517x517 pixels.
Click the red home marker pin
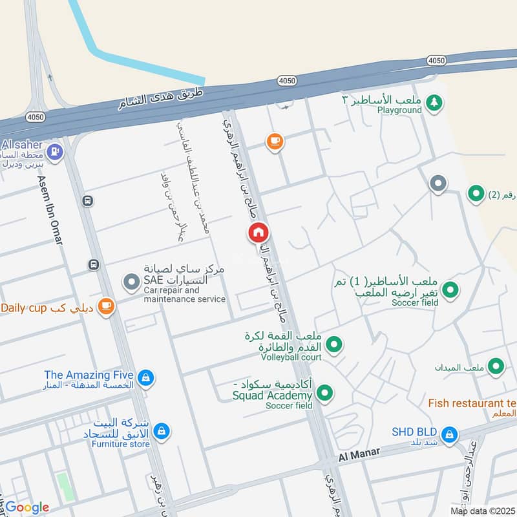[x=258, y=233]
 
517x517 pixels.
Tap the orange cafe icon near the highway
[x=275, y=141]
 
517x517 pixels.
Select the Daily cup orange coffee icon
[x=106, y=306]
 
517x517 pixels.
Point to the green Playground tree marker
[x=436, y=101]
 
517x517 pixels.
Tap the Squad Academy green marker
[x=325, y=392]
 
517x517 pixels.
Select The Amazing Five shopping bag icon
[x=146, y=377]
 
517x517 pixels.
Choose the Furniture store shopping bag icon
[x=161, y=430]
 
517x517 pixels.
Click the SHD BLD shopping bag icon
[x=450, y=434]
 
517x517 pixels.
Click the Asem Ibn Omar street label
[x=50, y=210]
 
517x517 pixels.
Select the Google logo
[x=27, y=507]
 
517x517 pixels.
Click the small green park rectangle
[x=63, y=486]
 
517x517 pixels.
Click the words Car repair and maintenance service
[x=184, y=295]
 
